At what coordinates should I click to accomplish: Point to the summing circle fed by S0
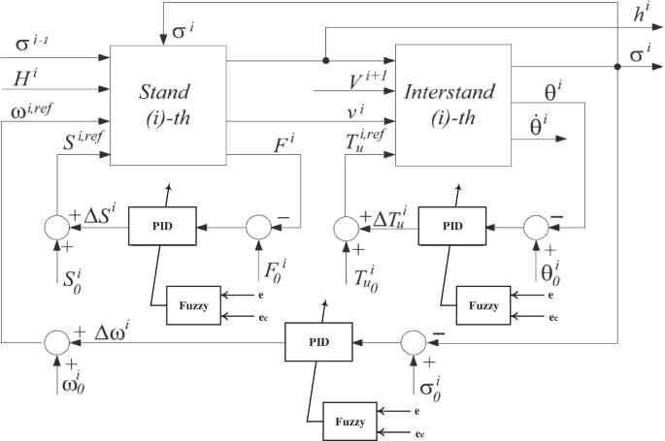pyautogui.click(x=56, y=227)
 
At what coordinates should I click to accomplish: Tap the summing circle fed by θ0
pyautogui.click(x=535, y=227)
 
